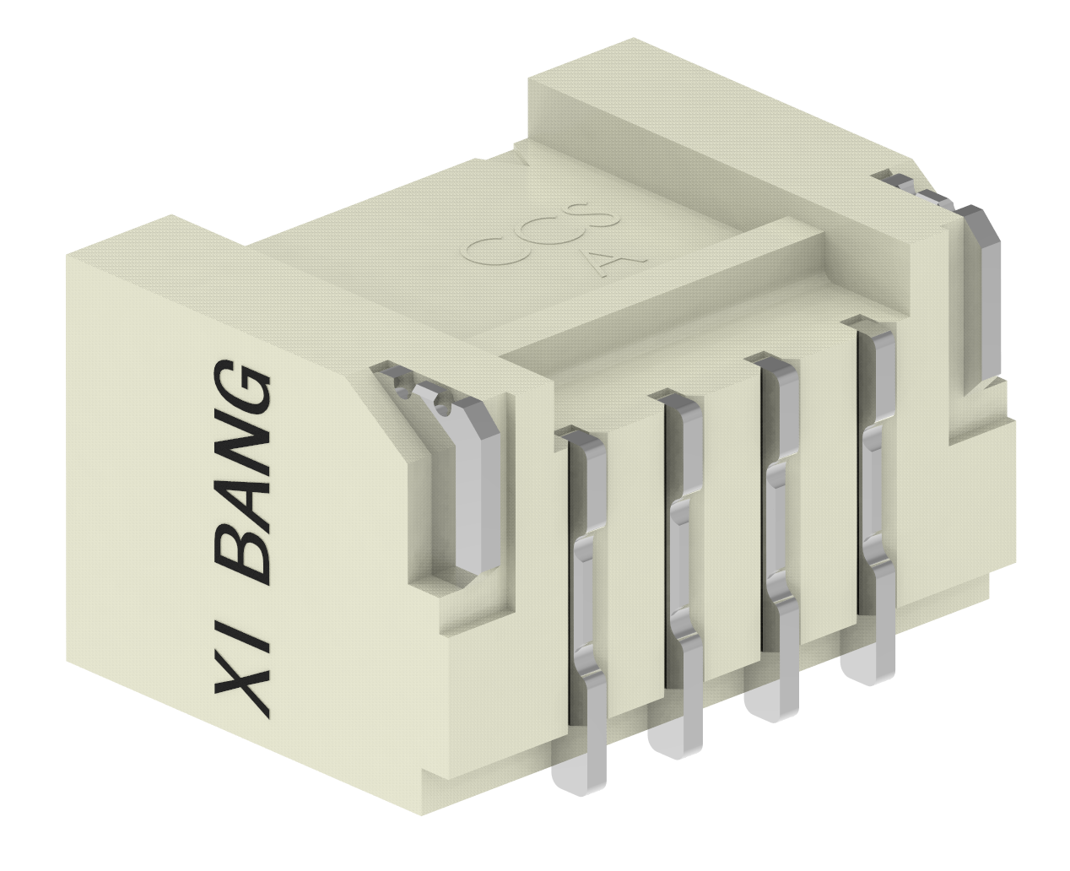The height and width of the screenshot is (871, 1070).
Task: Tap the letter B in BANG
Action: (245, 557)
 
